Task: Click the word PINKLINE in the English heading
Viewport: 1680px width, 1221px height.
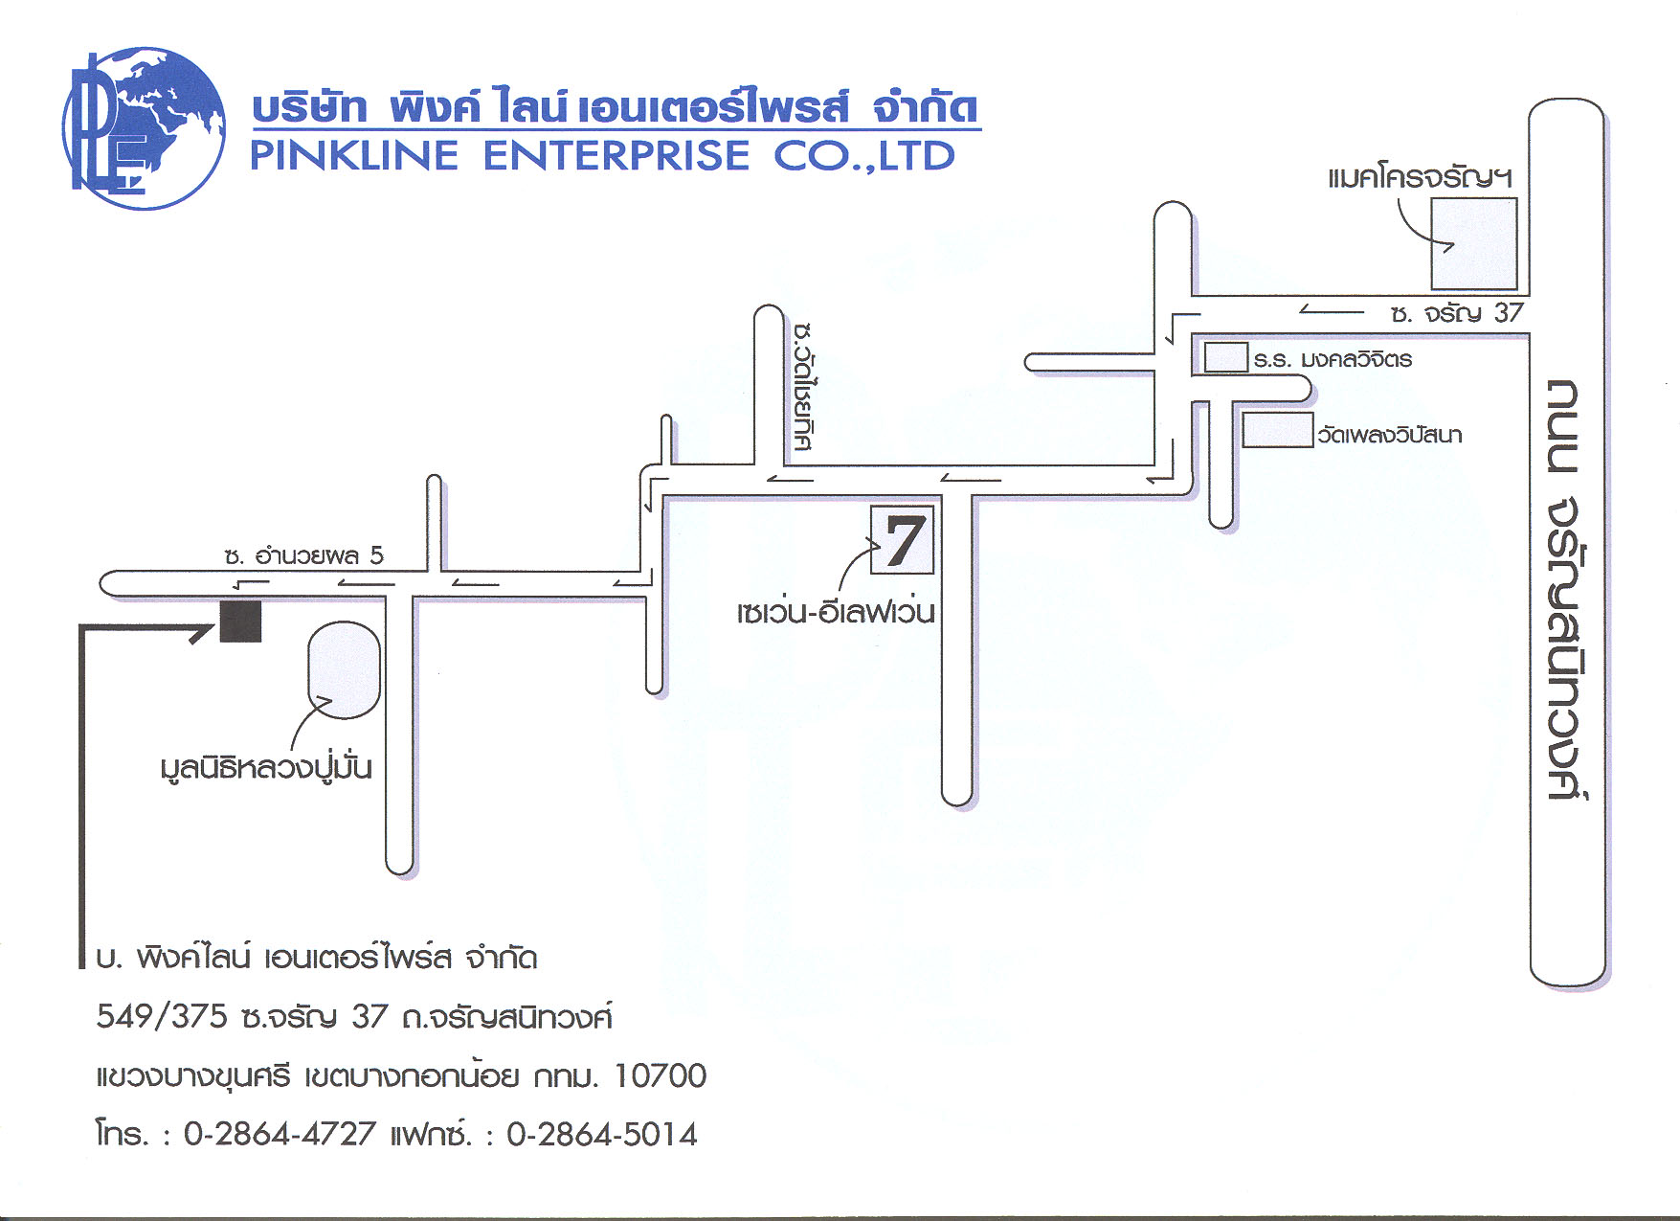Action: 354,156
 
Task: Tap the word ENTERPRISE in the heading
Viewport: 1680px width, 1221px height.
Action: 616,156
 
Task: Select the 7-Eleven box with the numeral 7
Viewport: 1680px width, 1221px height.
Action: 902,540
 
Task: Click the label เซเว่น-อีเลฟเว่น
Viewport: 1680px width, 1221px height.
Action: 836,611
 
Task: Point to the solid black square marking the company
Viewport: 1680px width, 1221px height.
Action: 241,622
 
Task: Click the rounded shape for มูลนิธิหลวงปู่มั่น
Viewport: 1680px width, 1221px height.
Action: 344,669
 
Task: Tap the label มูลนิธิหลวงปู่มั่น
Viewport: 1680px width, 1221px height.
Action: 266,767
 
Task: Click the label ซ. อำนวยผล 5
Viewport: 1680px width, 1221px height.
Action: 303,555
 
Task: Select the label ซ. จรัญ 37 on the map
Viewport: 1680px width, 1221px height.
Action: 1456,313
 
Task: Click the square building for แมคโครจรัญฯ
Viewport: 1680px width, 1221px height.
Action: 1474,243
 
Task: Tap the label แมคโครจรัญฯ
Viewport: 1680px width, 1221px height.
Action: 1421,177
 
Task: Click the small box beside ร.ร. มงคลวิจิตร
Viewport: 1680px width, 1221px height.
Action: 1226,357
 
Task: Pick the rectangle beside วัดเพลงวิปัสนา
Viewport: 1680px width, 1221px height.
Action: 1277,430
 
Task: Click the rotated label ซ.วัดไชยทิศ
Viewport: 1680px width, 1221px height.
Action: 804,387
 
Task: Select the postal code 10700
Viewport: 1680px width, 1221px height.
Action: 661,1075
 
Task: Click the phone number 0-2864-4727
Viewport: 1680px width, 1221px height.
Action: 280,1134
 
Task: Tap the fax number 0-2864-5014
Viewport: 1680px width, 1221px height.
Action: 602,1134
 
